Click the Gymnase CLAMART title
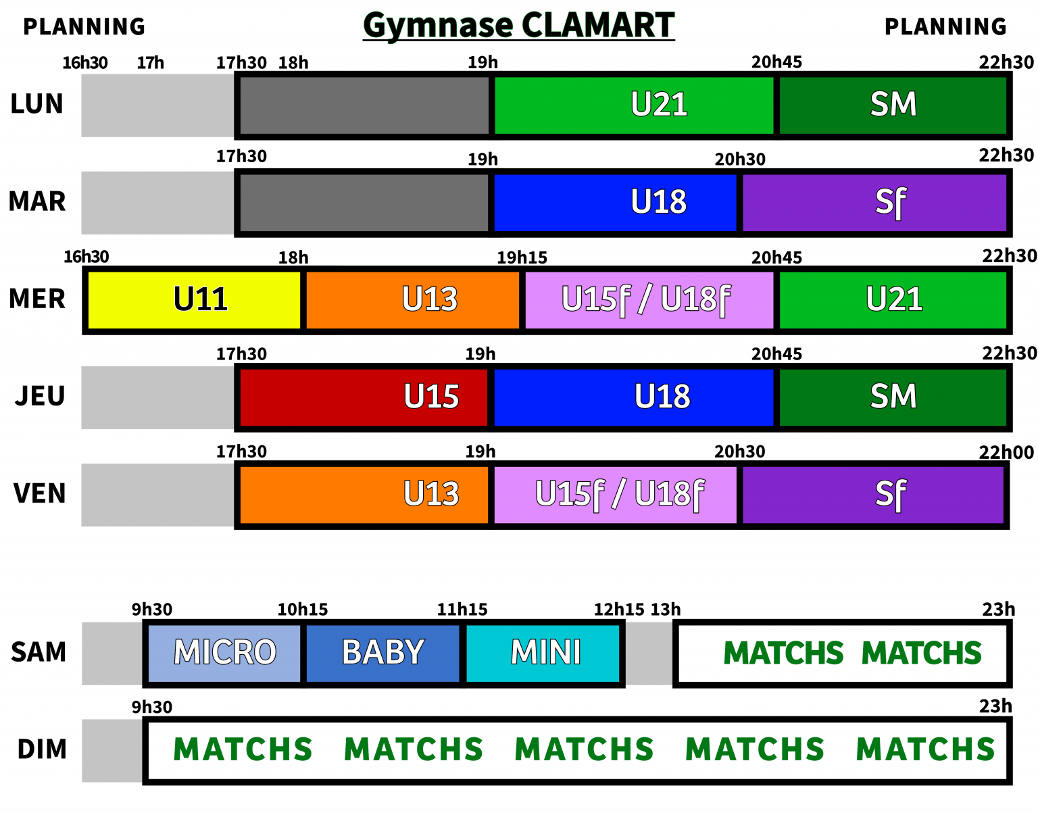[x=518, y=26]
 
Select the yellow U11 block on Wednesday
[x=195, y=299]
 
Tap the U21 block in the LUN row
[x=634, y=105]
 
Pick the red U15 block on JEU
[x=364, y=397]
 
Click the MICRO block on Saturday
[x=224, y=653]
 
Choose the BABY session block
[x=382, y=653]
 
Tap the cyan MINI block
[x=543, y=653]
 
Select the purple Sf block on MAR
[x=874, y=202]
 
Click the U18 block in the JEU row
[x=633, y=397]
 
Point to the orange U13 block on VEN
[x=364, y=494]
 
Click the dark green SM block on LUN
[x=893, y=105]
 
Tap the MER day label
[x=37, y=299]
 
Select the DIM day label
[x=42, y=749]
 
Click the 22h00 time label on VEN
[x=1006, y=453]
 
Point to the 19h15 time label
[x=522, y=257]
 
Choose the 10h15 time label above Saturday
[x=302, y=610]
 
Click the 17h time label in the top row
[x=150, y=63]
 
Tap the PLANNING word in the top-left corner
[x=84, y=27]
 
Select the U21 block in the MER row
[x=893, y=299]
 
